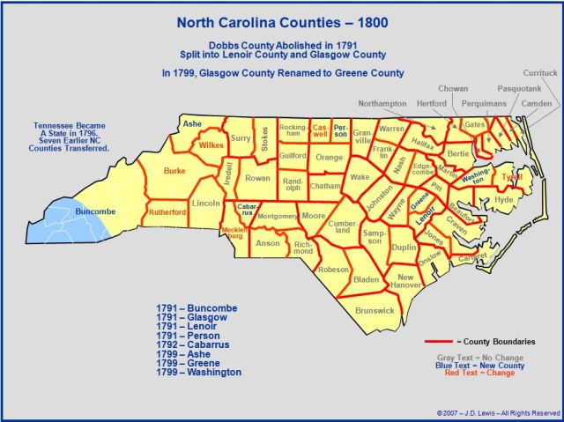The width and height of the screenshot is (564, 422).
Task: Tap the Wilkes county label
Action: coord(211,144)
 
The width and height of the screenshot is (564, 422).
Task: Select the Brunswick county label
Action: coord(375,310)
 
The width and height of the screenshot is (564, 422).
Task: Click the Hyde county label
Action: coord(504,200)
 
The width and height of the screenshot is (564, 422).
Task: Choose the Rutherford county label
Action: coord(169,211)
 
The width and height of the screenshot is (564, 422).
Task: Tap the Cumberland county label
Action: coord(343,227)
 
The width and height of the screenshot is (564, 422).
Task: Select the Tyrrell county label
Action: coord(512,176)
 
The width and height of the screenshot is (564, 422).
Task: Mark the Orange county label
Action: coord(329,158)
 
